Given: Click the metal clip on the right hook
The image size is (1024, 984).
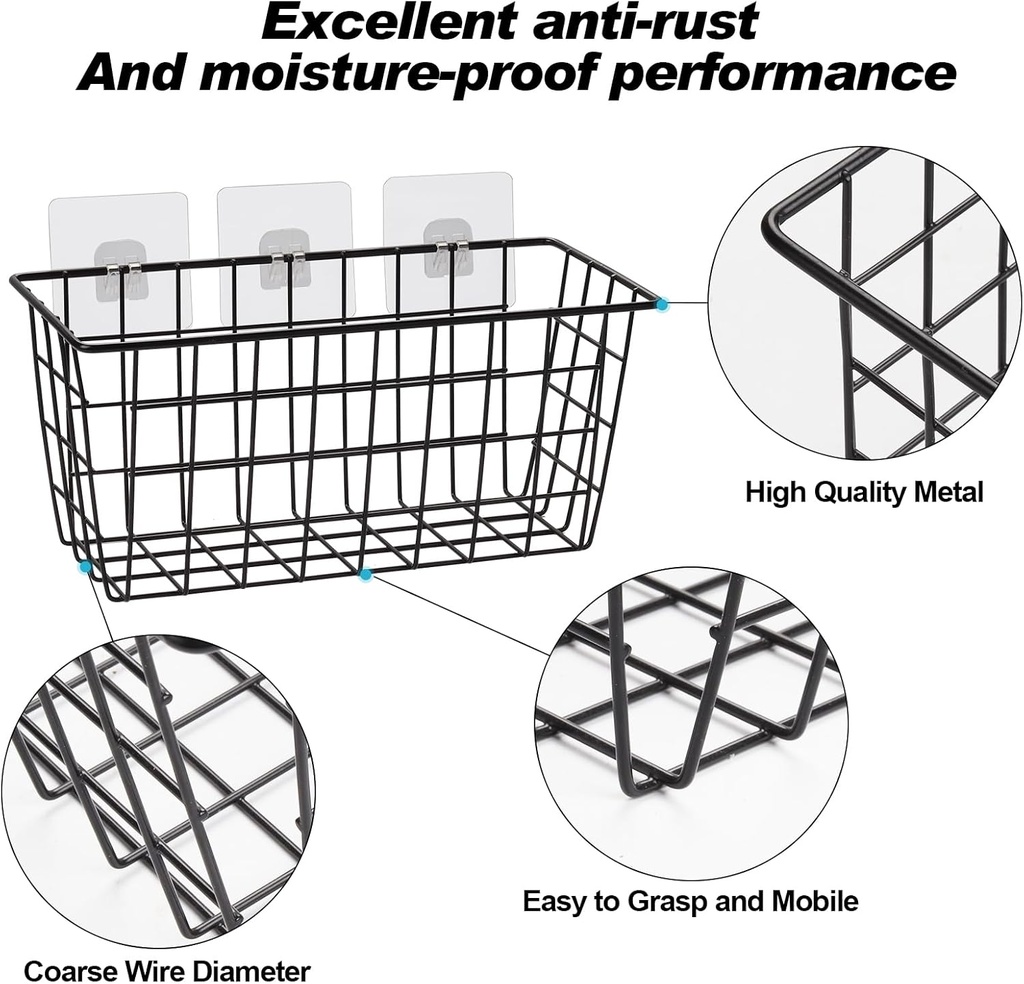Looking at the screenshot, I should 449,256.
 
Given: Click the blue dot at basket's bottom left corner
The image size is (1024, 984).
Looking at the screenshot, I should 86,566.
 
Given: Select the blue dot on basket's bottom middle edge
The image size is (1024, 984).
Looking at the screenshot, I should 365,574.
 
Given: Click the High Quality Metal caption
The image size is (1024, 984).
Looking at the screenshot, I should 864,492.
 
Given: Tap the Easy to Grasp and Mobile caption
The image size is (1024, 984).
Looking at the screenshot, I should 690,901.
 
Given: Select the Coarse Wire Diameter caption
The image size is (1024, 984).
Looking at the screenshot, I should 167,970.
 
